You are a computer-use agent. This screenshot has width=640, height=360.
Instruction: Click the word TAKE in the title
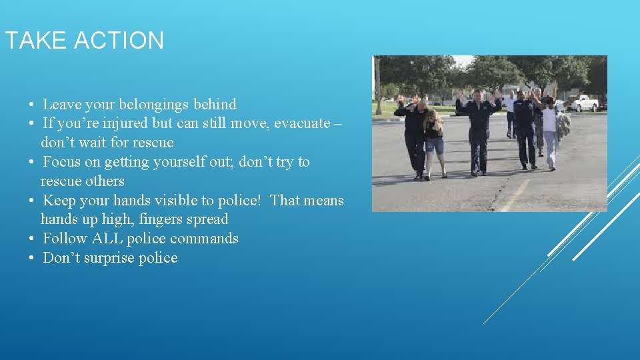[36, 41]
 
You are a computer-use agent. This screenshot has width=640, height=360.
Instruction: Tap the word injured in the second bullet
[101, 123]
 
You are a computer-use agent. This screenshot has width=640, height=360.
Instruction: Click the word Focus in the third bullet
[61, 162]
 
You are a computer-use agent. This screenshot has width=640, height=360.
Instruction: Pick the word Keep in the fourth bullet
[58, 200]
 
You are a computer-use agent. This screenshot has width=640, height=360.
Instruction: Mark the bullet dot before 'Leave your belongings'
[31, 105]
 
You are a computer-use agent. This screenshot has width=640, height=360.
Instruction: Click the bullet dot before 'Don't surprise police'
[31, 259]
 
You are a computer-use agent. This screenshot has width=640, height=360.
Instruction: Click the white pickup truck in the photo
[585, 103]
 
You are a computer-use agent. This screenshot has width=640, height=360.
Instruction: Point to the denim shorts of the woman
[434, 145]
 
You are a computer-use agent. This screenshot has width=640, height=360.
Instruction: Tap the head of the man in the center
[477, 95]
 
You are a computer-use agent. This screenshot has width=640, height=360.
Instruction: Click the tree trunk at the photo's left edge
[378, 87]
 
